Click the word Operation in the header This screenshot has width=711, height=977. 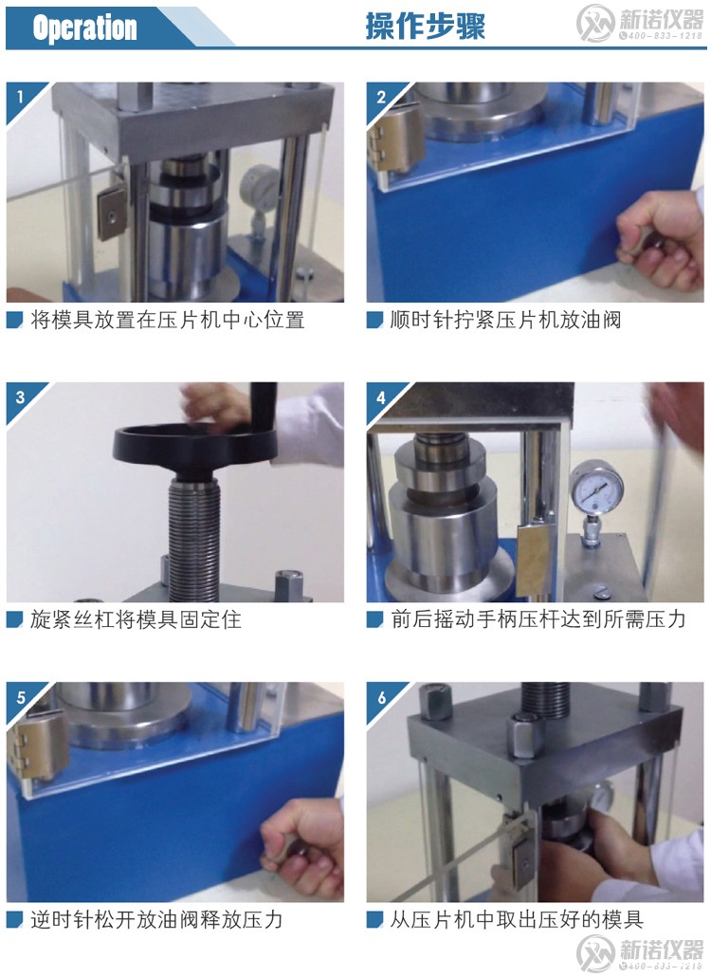click(84, 28)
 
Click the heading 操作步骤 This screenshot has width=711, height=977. click(425, 27)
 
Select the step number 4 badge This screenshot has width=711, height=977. click(381, 397)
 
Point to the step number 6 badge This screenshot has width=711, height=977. click(381, 697)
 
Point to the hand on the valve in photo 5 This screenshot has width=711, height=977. click(303, 847)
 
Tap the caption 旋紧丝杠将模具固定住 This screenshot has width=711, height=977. click(136, 619)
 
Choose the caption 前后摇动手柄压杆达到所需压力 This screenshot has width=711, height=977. click(538, 619)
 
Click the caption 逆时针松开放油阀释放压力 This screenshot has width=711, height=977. click(156, 919)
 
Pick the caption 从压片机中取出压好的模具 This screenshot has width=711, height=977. click(517, 919)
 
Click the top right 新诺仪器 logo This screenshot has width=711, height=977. click(641, 24)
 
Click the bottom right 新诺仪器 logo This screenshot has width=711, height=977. click(641, 952)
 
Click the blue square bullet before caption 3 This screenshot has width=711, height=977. click(14, 620)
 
